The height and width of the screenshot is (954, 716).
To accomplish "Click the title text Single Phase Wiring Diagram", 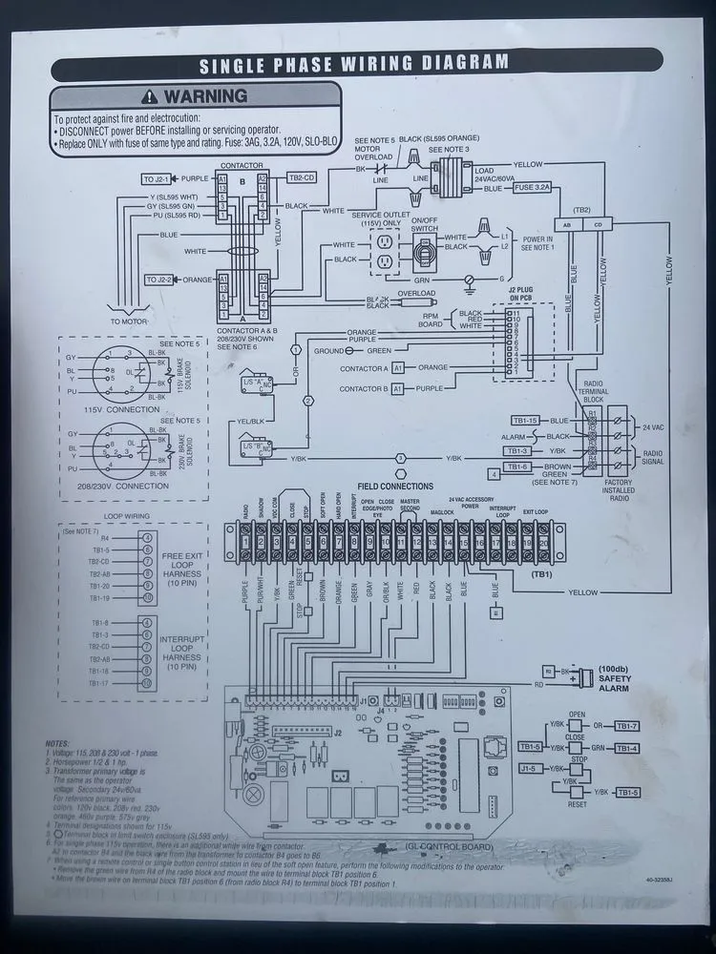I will coord(353,64).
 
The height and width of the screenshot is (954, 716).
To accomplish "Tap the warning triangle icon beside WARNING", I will coord(152,96).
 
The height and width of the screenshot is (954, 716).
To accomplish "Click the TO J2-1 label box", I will coord(158,178).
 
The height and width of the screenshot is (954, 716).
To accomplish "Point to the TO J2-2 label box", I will coord(158,279).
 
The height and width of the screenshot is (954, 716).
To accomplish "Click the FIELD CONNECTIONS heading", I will coord(394,487).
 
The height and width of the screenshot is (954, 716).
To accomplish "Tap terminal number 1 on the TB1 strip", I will coord(245,543).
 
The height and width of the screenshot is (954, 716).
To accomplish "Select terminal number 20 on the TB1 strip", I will coord(543,543).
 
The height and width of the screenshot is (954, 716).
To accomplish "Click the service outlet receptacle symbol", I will coord(385,252).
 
